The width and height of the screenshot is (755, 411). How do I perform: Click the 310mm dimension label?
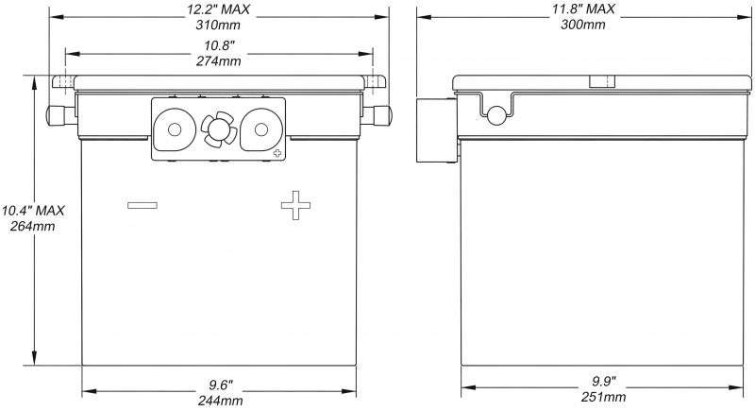[218, 25]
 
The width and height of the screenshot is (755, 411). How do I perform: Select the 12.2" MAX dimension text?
[219, 9]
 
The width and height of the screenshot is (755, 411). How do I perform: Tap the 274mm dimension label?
[219, 61]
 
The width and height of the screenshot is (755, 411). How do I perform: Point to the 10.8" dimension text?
[219, 46]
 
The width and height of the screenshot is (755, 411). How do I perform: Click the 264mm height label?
[33, 226]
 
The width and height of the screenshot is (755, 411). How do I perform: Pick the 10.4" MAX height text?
[33, 211]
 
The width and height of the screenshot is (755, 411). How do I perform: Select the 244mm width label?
[220, 401]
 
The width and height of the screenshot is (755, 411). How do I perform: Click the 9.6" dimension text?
[221, 385]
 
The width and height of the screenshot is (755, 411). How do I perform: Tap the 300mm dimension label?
[582, 24]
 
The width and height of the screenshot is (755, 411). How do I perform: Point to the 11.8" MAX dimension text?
[583, 9]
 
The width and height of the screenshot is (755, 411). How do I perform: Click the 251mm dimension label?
[603, 397]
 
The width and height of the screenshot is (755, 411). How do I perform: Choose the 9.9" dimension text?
[604, 382]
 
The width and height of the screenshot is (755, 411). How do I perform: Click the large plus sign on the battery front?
[295, 205]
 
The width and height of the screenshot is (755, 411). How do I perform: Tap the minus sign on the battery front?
[143, 205]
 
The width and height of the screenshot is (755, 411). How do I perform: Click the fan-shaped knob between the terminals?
[219, 128]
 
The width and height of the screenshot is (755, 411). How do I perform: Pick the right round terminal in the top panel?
[260, 129]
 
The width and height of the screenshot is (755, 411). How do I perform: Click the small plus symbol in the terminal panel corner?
[277, 153]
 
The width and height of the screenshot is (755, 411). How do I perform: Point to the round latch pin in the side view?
[496, 115]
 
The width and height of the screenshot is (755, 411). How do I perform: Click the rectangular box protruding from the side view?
[436, 130]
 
